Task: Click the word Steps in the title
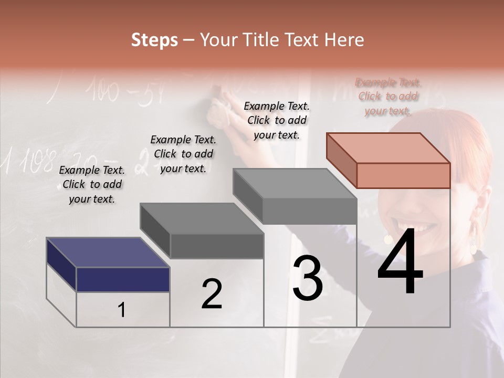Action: click(x=154, y=40)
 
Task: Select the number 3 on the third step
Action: click(x=307, y=278)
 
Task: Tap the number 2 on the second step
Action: click(x=212, y=293)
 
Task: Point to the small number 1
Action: click(x=121, y=310)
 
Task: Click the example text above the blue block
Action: click(x=92, y=184)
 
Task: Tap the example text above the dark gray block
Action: click(x=183, y=154)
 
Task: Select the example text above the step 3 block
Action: click(x=277, y=120)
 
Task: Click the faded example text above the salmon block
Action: click(x=388, y=96)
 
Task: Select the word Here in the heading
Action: click(x=343, y=40)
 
